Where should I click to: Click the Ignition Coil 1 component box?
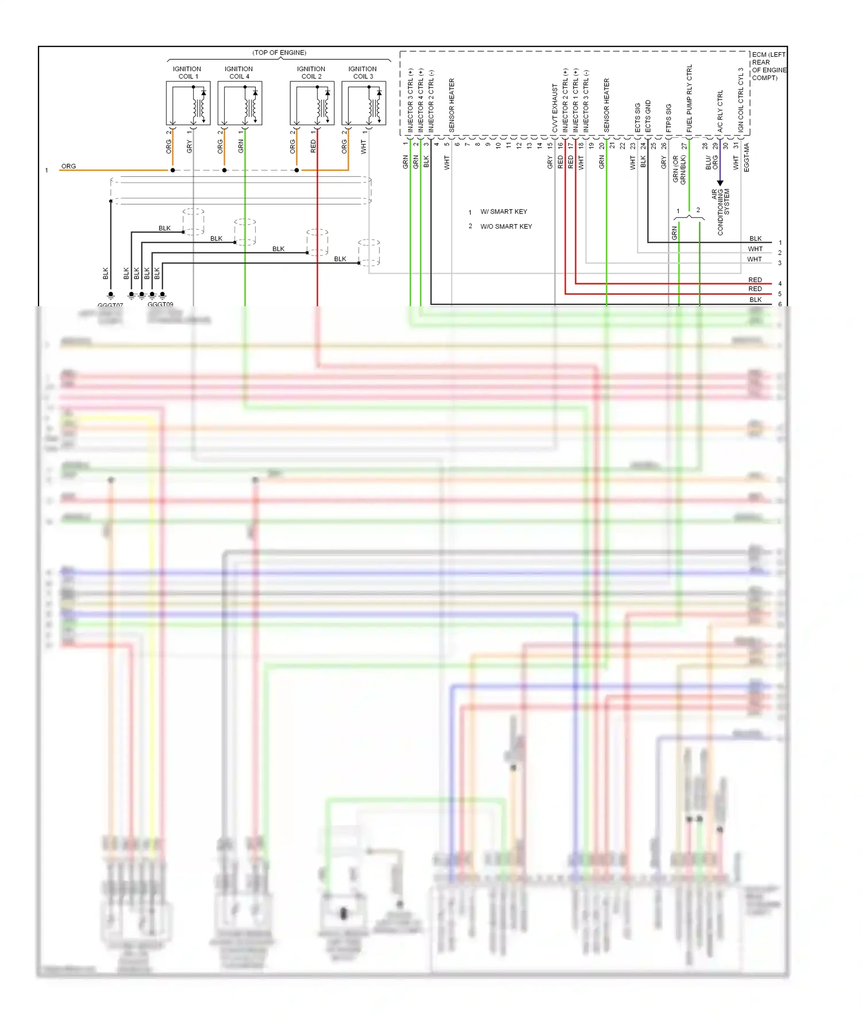point(188,103)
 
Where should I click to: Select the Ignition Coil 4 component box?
point(240,103)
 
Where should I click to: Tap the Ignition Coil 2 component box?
point(312,103)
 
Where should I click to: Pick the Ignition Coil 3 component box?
point(364,103)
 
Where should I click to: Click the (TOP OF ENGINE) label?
point(279,53)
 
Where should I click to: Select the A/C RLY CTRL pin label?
point(720,111)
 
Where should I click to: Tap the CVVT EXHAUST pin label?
point(555,108)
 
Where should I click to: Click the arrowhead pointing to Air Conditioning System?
point(720,183)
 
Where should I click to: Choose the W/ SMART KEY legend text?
point(503,211)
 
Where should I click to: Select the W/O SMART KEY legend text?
point(506,226)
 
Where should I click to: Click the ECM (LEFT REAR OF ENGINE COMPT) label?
point(768,66)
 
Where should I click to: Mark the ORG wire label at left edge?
point(68,166)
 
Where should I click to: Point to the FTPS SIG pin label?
point(669,118)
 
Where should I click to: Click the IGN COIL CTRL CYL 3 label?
point(741,100)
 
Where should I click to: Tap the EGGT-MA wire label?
point(746,157)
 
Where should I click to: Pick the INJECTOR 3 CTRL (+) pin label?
point(410,101)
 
